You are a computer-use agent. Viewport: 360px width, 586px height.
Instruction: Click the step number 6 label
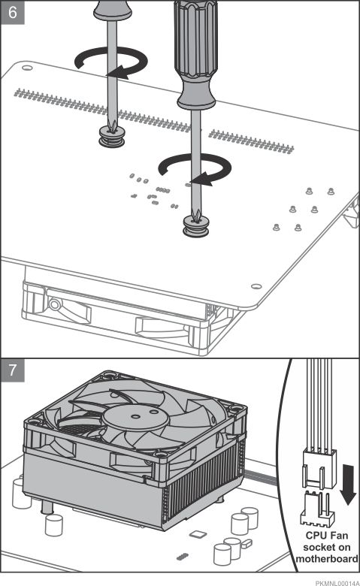[x=13, y=12]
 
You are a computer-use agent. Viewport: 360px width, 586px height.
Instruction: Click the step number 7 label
[x=13, y=370]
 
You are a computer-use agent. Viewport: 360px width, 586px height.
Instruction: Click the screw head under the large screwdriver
[x=196, y=225]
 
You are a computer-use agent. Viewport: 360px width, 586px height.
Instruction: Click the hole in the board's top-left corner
[x=27, y=68]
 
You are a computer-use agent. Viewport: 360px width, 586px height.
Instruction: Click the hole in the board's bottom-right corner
[x=256, y=286]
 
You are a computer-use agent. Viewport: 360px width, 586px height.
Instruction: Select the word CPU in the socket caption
[x=316, y=535]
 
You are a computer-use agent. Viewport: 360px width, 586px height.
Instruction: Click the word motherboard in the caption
[x=327, y=559]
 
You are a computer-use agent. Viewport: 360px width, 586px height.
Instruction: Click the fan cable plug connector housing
[x=319, y=470]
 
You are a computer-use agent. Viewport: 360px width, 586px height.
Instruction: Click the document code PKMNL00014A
[x=337, y=583]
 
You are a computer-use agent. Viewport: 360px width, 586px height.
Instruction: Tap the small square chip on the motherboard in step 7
[x=198, y=533]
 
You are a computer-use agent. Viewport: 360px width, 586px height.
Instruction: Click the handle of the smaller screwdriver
[x=113, y=10]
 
